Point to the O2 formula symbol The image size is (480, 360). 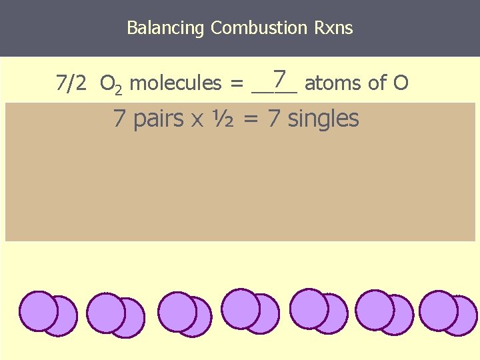[109, 84]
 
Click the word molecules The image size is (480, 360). [175, 83]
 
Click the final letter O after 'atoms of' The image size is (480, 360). [401, 83]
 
